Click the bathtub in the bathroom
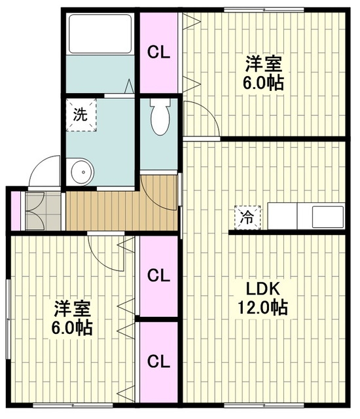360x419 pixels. [100, 34]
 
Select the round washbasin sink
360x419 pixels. [82, 172]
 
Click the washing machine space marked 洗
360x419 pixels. [81, 115]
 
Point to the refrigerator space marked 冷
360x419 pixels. [247, 217]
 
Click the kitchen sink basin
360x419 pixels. [328, 217]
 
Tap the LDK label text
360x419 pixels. [262, 289]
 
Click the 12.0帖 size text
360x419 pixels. [262, 308]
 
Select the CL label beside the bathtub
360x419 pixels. [158, 53]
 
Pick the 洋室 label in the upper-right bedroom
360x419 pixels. [264, 64]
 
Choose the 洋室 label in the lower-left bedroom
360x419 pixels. [73, 309]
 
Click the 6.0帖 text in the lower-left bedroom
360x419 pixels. [72, 327]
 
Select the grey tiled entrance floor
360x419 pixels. [43, 210]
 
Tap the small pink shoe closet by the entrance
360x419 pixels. [16, 211]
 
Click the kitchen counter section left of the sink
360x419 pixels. [283, 216]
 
